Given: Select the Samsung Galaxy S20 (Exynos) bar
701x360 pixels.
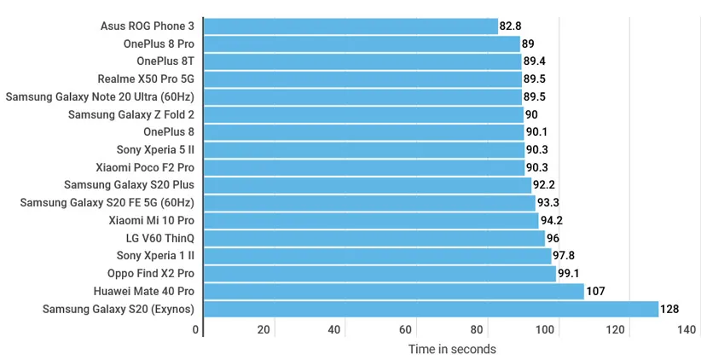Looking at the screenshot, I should pos(432,309).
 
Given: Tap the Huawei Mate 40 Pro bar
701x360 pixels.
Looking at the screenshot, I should pos(394,291).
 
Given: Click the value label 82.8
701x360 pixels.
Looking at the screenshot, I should pos(511,26).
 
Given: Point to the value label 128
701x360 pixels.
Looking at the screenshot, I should pos(669,309).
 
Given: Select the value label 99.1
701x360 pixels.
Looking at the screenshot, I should pos(569,273).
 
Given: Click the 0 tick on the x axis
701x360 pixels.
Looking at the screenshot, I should pos(195,330).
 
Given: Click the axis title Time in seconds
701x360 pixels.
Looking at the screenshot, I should pos(451,349).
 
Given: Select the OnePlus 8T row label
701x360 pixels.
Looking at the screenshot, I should pos(165,61).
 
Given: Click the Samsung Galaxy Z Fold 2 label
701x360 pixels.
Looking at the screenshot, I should pos(131,114).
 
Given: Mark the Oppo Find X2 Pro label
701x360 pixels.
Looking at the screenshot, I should pos(151,273).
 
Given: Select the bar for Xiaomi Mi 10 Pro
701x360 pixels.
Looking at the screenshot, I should pos(371,220).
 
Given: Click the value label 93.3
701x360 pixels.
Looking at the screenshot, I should pos(548,203).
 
